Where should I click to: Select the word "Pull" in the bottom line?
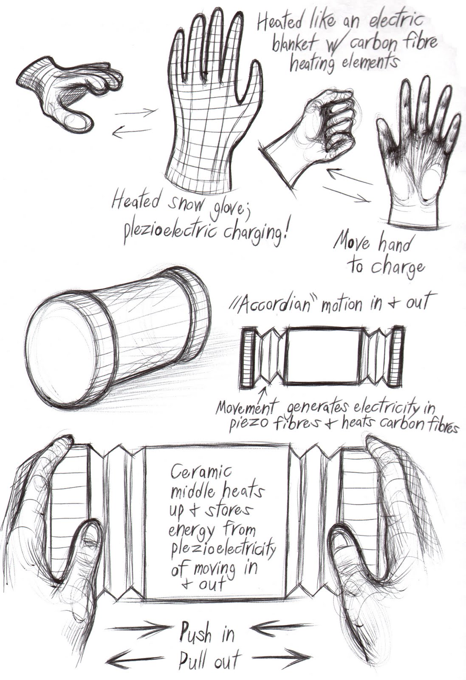point(194,662)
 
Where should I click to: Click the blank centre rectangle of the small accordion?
point(324,356)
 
